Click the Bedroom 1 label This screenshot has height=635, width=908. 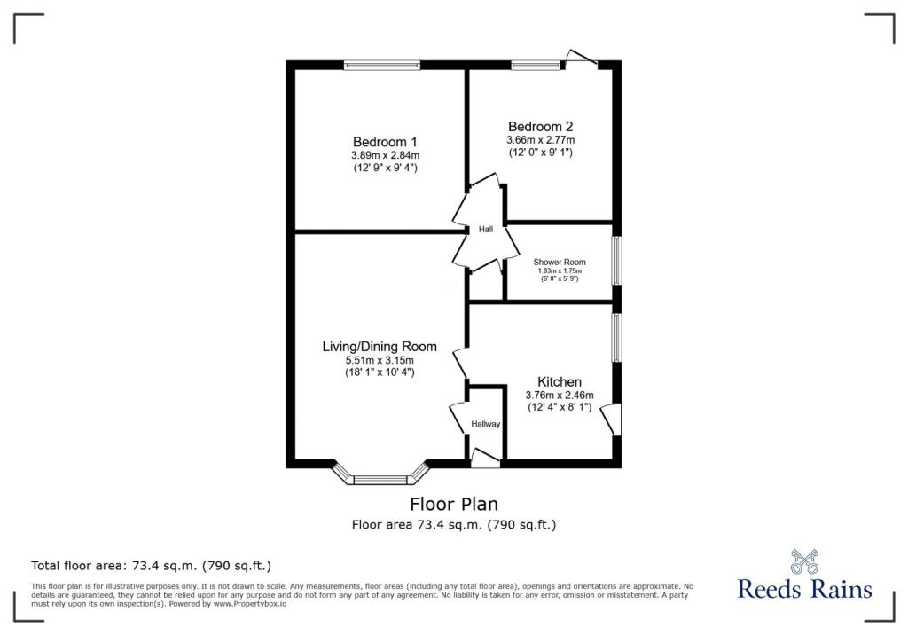385,142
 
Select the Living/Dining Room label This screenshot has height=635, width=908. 380,346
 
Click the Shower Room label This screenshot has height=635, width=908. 560,263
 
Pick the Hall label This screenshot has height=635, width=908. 486,230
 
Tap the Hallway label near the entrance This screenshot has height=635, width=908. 486,424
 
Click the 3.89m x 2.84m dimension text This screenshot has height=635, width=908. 385,155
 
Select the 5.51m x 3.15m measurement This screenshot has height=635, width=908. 380,360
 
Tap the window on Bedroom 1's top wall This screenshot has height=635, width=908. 382,64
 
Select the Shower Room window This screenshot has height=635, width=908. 617,261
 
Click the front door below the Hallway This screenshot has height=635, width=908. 485,459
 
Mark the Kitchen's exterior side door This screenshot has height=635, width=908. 611,419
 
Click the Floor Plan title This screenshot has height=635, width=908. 454,505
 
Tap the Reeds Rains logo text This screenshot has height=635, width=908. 804,589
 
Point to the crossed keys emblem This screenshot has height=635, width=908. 803,561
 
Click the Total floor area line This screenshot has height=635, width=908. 151,565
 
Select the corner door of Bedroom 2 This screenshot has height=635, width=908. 582,59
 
